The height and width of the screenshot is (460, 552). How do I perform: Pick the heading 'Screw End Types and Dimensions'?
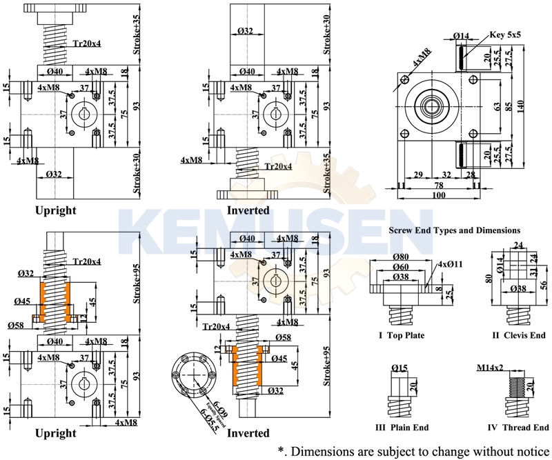pos(455,230)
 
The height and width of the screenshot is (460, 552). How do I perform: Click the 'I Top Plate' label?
pos(402,336)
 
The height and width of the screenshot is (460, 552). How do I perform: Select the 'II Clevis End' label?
pos(519,336)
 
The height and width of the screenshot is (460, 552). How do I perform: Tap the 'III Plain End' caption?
pos(402,428)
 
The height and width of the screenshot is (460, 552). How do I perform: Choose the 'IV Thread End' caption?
pos(517,428)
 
